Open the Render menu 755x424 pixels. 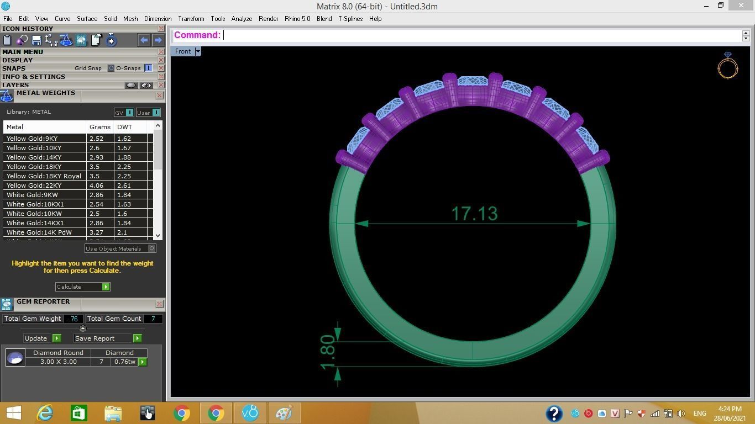[x=268, y=19]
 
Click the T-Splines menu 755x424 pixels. [x=350, y=19]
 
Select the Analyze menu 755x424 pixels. [x=242, y=19]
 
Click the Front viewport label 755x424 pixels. [x=182, y=51]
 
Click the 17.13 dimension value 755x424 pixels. [x=474, y=214]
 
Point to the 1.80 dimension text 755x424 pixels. [x=327, y=352]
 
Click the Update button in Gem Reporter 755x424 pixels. [x=36, y=338]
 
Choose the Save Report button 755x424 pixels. [x=95, y=338]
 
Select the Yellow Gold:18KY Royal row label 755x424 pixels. [x=44, y=176]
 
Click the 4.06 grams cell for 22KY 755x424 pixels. [x=97, y=185]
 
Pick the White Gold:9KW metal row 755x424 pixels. [x=32, y=195]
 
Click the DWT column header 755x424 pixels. [x=124, y=127]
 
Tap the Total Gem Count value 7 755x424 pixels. [x=153, y=319]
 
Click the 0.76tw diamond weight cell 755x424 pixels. [x=124, y=362]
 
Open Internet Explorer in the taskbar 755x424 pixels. [x=44, y=413]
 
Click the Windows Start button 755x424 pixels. [x=13, y=413]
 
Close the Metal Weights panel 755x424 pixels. [x=159, y=96]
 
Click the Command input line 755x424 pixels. [x=481, y=35]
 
